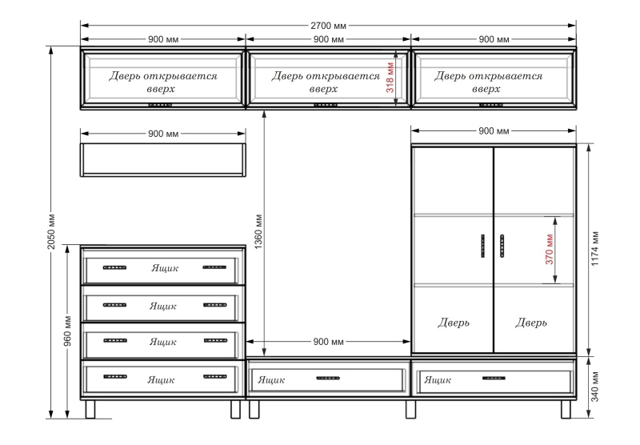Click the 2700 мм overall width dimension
[x=328, y=26]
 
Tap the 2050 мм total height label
[x=51, y=231]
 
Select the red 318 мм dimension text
[x=390, y=78]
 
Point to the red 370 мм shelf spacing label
[x=550, y=250]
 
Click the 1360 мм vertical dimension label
[x=258, y=232]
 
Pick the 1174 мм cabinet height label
[x=595, y=249]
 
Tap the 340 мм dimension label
[x=595, y=387]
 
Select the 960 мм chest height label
[x=68, y=331]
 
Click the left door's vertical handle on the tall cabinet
[x=483, y=246]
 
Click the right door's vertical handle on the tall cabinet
[x=502, y=246]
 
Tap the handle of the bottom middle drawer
[x=328, y=378]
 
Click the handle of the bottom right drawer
[x=494, y=378]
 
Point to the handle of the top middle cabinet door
[x=326, y=105]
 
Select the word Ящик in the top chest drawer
[x=165, y=268]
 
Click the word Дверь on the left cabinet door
[x=454, y=323]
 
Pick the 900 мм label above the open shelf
[x=163, y=134]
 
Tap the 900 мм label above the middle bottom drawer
[x=329, y=342]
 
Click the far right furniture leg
[x=566, y=409]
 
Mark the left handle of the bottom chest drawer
[x=115, y=376]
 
